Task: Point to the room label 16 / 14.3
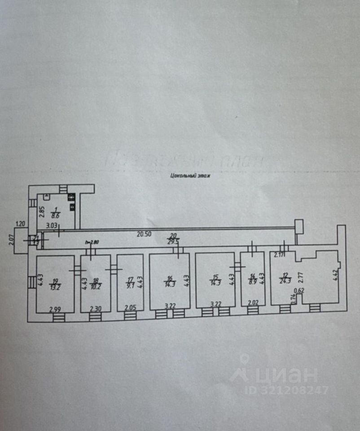(x=170, y=281)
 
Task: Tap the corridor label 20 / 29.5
(x=172, y=238)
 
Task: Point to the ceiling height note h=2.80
(x=92, y=243)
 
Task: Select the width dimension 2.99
(x=55, y=309)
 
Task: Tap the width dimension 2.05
(x=130, y=309)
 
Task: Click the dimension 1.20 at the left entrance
(x=20, y=224)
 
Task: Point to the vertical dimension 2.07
(x=12, y=241)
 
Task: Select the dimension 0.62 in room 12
(x=299, y=291)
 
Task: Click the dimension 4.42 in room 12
(x=335, y=277)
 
